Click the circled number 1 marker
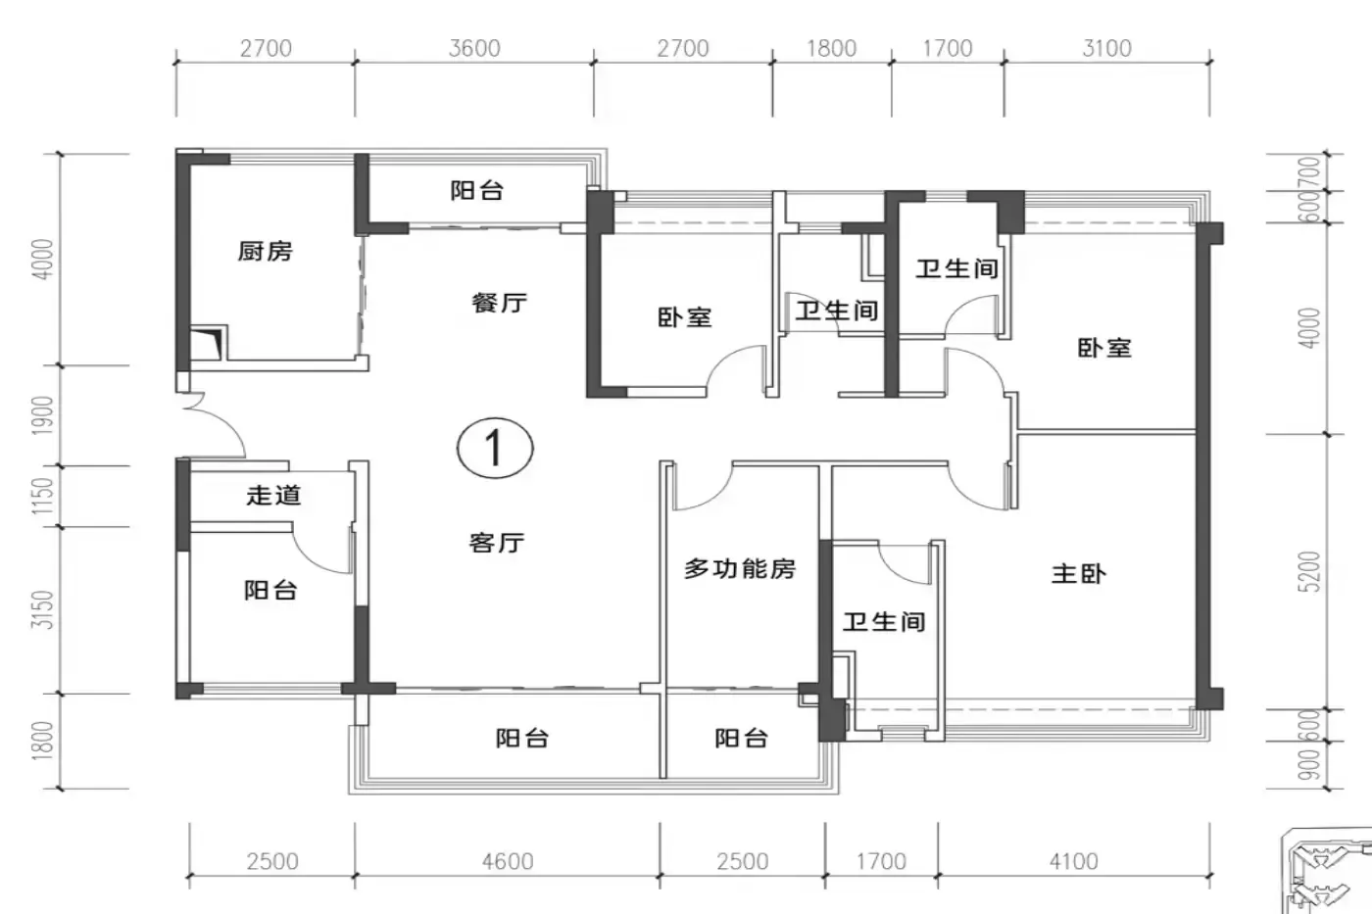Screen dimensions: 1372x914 [x=495, y=448]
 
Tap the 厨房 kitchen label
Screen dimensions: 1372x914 [x=266, y=251]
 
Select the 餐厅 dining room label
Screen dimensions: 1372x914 [x=499, y=303]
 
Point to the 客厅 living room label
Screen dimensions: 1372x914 [x=497, y=543]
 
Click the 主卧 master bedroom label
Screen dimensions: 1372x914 [x=1079, y=574]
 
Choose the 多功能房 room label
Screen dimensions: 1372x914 [x=740, y=569]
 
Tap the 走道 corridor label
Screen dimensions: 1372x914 [x=273, y=495]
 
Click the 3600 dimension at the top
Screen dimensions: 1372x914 [x=474, y=48]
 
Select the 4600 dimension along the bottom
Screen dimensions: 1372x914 [x=508, y=861]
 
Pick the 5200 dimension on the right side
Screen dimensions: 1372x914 [x=1309, y=571]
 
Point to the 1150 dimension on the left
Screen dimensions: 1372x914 [x=43, y=497]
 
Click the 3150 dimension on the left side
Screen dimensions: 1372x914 [x=43, y=609]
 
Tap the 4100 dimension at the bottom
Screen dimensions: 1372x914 [x=1074, y=861]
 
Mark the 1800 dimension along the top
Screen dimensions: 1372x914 [x=831, y=48]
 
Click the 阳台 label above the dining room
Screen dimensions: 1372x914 [x=477, y=190]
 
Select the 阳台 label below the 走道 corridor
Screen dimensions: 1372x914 [x=270, y=590]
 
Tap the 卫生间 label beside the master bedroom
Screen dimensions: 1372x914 [x=884, y=622]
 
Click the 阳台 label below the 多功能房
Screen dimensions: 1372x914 [x=741, y=739]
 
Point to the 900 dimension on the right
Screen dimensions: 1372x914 [x=1309, y=765]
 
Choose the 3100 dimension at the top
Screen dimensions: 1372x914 [x=1106, y=48]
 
